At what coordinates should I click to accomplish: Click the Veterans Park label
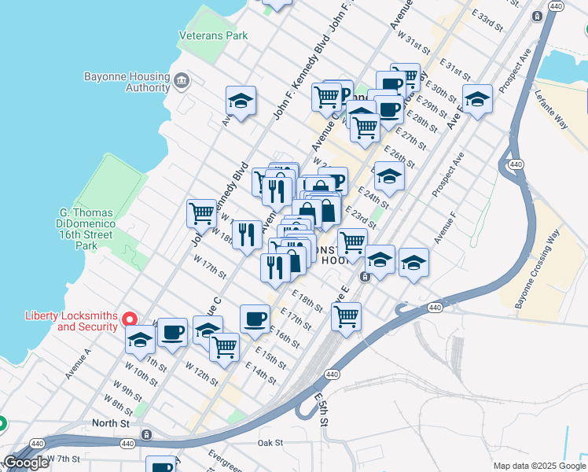click(213, 35)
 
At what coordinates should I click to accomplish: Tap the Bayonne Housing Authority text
click(127, 82)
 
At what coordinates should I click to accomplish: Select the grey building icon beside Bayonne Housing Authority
click(182, 79)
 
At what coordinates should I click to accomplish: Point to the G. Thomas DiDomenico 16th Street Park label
click(86, 229)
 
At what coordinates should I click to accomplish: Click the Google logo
click(26, 463)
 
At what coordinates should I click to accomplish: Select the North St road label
click(111, 422)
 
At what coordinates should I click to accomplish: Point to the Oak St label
click(270, 443)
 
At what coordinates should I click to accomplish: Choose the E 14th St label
click(260, 373)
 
